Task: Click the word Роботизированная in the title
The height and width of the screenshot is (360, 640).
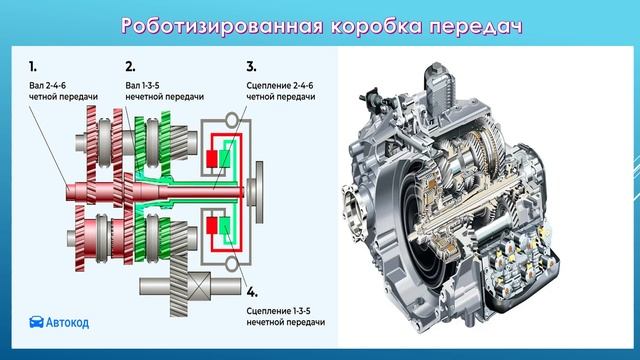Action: click(x=222, y=26)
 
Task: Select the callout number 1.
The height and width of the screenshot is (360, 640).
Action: click(x=33, y=66)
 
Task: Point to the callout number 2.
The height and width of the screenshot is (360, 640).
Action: click(x=130, y=66)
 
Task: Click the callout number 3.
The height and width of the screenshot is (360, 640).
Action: click(x=251, y=66)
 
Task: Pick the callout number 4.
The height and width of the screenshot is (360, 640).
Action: click(x=252, y=292)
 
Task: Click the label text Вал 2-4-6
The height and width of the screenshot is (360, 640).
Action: click(x=47, y=86)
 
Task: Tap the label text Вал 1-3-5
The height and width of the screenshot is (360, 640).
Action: click(x=142, y=86)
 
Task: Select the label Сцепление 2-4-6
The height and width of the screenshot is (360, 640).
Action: click(x=280, y=86)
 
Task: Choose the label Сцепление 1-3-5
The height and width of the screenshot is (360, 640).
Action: click(x=278, y=311)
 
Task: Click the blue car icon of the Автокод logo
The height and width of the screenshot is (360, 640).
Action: click(x=36, y=322)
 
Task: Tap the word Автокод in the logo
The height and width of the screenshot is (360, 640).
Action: click(x=67, y=322)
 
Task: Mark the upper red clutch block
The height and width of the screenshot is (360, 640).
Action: click(x=211, y=159)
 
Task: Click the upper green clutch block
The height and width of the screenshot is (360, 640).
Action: click(x=224, y=158)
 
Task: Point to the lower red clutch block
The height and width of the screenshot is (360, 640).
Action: click(x=211, y=226)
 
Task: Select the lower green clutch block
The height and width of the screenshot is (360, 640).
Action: click(x=224, y=226)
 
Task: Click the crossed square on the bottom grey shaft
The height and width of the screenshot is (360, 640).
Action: click(x=199, y=286)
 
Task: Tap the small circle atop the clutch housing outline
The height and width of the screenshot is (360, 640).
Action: click(x=231, y=120)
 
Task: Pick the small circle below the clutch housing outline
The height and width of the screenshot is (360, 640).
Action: click(x=232, y=264)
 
